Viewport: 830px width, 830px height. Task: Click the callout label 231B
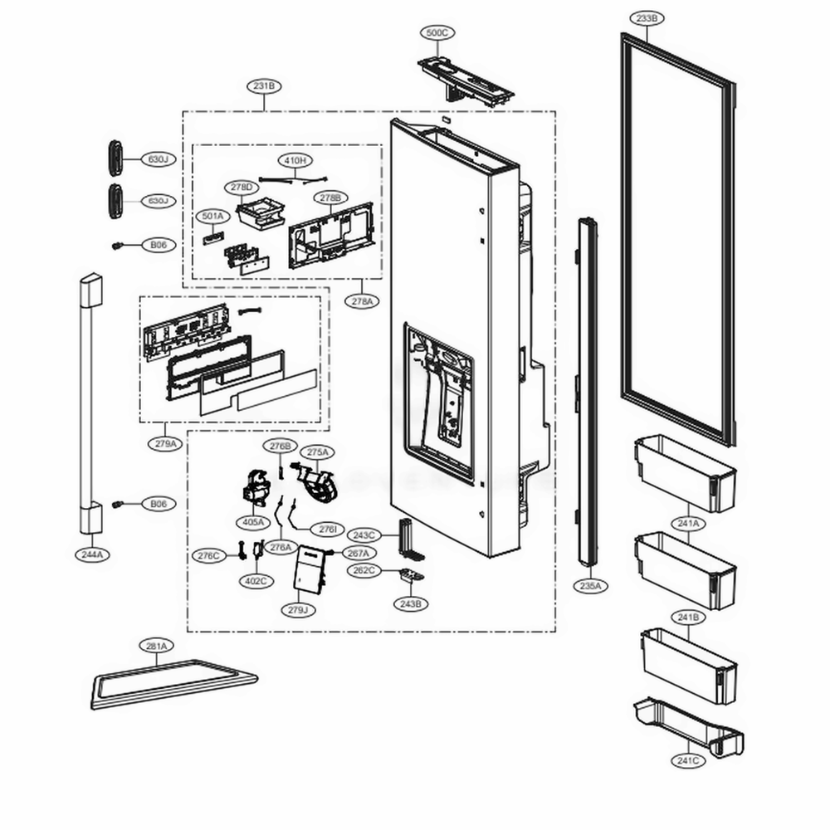(264, 85)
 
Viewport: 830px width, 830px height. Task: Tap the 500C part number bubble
(435, 33)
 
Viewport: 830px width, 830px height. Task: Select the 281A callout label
(156, 646)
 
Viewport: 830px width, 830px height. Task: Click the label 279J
(298, 610)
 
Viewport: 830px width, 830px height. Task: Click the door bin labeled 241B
(688, 664)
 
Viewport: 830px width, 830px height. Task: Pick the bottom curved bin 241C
(688, 727)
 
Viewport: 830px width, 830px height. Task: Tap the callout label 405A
(253, 522)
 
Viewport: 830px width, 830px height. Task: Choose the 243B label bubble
(411, 604)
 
